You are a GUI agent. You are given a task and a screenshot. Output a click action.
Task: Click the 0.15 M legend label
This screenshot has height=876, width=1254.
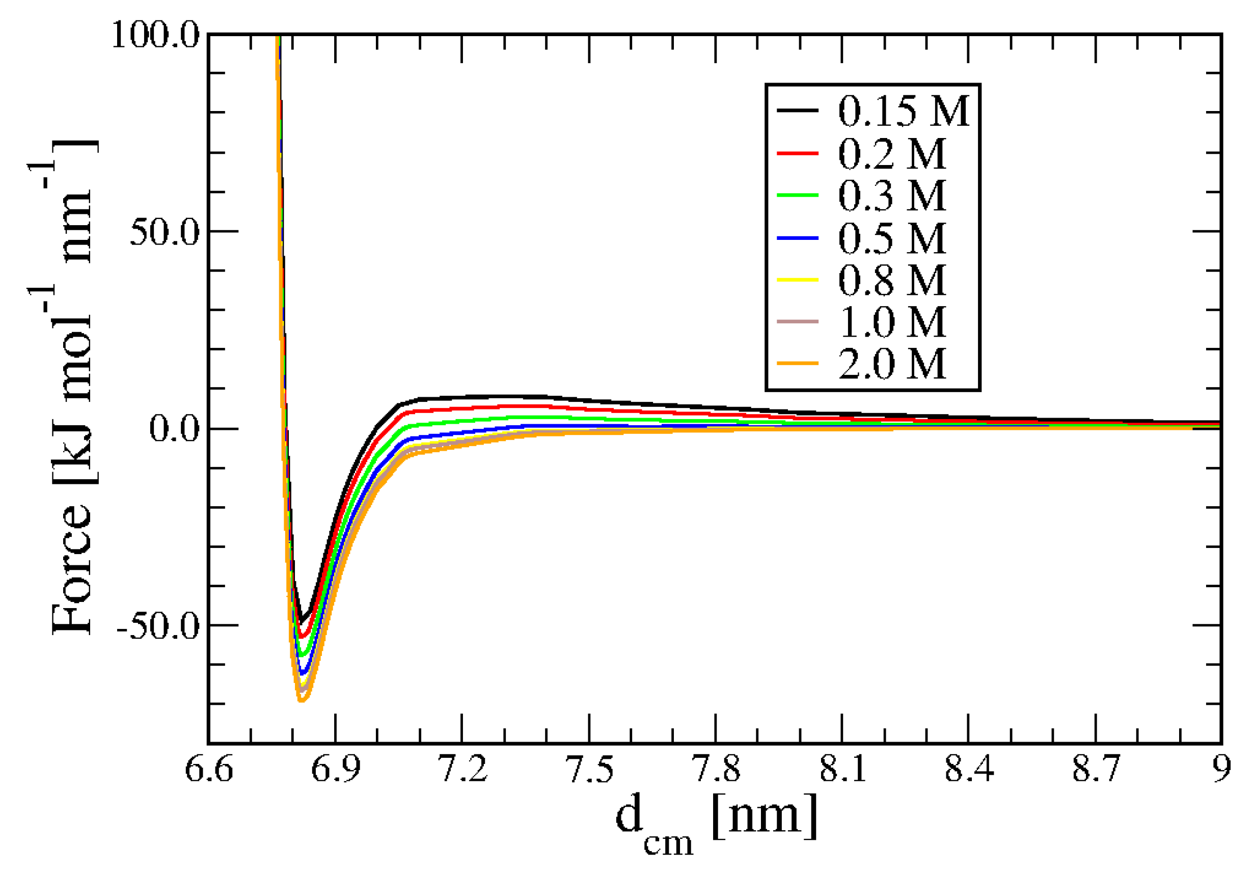903,111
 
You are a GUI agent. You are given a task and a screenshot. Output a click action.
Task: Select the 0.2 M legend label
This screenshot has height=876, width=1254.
891,153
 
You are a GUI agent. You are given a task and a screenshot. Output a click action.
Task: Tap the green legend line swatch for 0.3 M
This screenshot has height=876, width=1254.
798,195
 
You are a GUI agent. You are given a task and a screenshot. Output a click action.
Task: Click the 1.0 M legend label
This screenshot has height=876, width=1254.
891,322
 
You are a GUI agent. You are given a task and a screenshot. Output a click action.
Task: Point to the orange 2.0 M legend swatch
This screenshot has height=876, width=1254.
798,363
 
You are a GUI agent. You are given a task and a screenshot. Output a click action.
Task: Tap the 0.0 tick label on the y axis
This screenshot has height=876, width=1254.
174,429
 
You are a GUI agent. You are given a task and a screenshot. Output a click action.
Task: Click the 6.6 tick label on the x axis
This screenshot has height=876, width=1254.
209,769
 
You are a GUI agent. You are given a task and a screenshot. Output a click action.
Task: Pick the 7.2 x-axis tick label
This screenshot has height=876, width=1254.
462,769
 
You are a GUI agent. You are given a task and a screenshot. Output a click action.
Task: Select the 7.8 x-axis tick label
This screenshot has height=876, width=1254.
716,769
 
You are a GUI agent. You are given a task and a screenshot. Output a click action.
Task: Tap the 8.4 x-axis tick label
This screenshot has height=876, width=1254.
968,769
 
